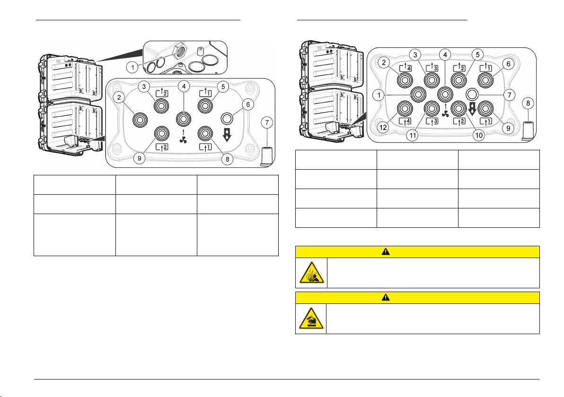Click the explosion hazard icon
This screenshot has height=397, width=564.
click(311, 273)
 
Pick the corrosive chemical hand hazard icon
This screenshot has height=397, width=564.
click(311, 319)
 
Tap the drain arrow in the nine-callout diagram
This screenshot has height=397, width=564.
click(226, 135)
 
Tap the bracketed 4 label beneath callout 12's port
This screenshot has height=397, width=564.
click(405, 122)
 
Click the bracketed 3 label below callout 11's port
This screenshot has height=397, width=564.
click(432, 122)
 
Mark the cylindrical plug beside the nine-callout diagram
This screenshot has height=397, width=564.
click(267, 155)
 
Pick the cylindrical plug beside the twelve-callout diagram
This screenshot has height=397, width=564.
click(529, 129)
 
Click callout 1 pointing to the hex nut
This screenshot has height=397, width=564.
click(133, 67)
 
